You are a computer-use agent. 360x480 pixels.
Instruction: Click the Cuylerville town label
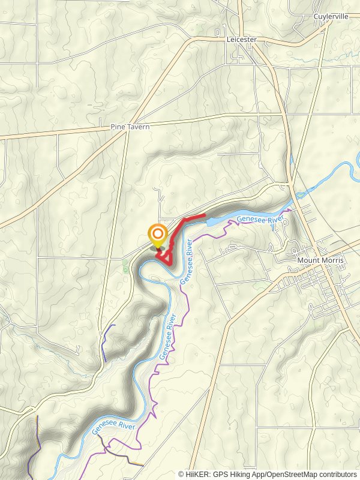(331, 17)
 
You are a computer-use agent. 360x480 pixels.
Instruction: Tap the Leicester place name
(242, 40)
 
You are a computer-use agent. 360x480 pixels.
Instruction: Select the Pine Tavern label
(130, 127)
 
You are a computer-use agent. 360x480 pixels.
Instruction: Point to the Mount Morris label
(320, 261)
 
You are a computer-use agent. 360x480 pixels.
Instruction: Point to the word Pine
(118, 127)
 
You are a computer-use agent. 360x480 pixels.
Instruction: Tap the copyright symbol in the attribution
(182, 474)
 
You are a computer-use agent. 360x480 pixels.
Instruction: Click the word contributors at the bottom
(337, 474)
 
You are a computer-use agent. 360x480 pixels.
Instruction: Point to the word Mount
(308, 261)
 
